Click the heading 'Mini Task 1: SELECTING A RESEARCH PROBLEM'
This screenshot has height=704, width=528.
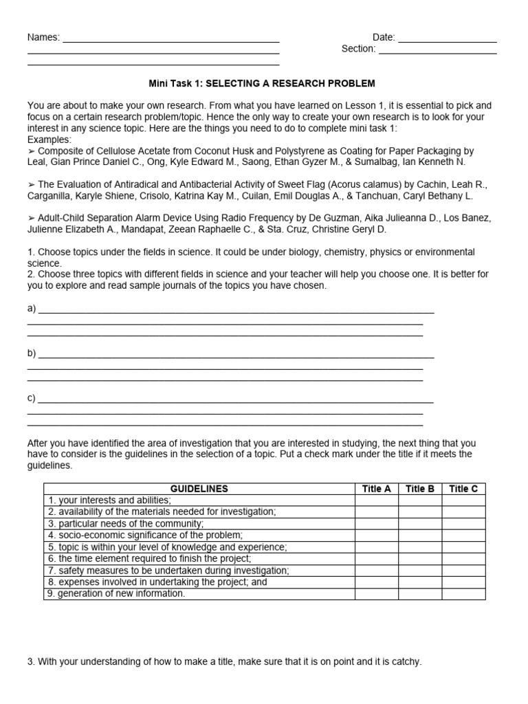coord(262,83)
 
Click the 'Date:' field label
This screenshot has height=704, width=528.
coord(384,37)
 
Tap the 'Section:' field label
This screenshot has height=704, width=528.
coord(358,49)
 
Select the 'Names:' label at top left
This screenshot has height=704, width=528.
coord(43,37)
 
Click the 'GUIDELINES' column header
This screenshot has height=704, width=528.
coord(199,489)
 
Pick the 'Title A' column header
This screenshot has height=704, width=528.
coord(376,489)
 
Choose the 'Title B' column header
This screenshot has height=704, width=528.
coord(420,489)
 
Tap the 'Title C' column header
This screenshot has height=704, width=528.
coord(463,489)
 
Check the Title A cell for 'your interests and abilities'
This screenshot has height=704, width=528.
coord(376,500)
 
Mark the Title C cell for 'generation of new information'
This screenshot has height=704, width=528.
coord(463,593)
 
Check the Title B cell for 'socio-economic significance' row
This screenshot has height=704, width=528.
coord(420,535)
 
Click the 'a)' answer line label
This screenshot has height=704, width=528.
coord(32,308)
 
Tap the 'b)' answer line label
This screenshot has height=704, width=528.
coord(32,353)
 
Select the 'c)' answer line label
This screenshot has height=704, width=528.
coord(32,398)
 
